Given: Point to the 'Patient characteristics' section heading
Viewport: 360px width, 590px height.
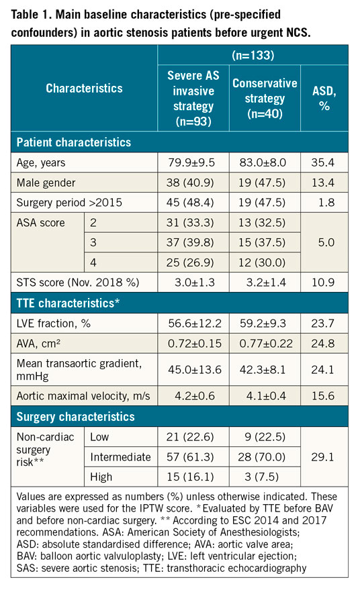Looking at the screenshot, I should point(73,142).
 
